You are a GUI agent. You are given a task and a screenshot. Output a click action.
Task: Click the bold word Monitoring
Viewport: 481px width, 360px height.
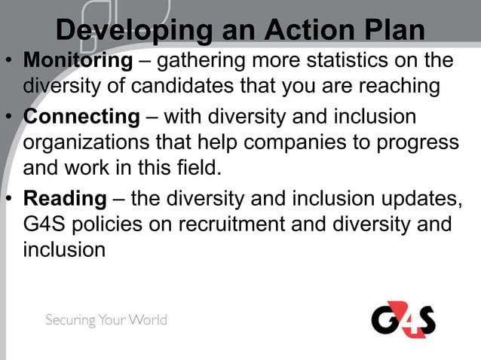(x=78, y=60)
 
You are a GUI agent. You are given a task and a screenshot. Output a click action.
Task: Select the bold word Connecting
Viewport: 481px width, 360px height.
(x=81, y=117)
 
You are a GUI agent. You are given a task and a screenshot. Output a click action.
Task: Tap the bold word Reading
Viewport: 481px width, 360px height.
(x=65, y=199)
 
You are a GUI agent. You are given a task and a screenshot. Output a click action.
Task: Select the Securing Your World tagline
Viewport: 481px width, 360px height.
(x=106, y=320)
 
